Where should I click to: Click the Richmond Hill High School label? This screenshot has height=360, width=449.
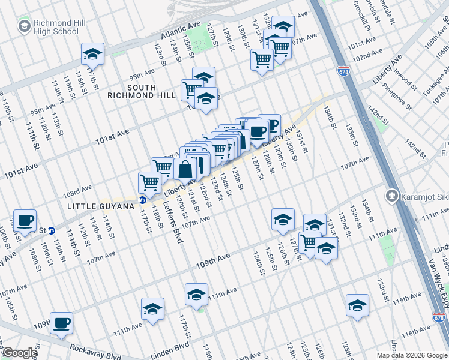click(x=48, y=27)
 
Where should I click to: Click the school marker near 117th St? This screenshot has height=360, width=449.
click(x=93, y=55)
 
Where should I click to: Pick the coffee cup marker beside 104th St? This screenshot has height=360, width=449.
click(x=25, y=220)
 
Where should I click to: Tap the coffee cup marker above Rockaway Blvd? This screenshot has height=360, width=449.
click(x=61, y=323)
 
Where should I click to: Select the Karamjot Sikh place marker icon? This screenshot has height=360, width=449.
click(x=391, y=195)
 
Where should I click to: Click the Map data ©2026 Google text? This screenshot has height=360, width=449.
click(x=412, y=355)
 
